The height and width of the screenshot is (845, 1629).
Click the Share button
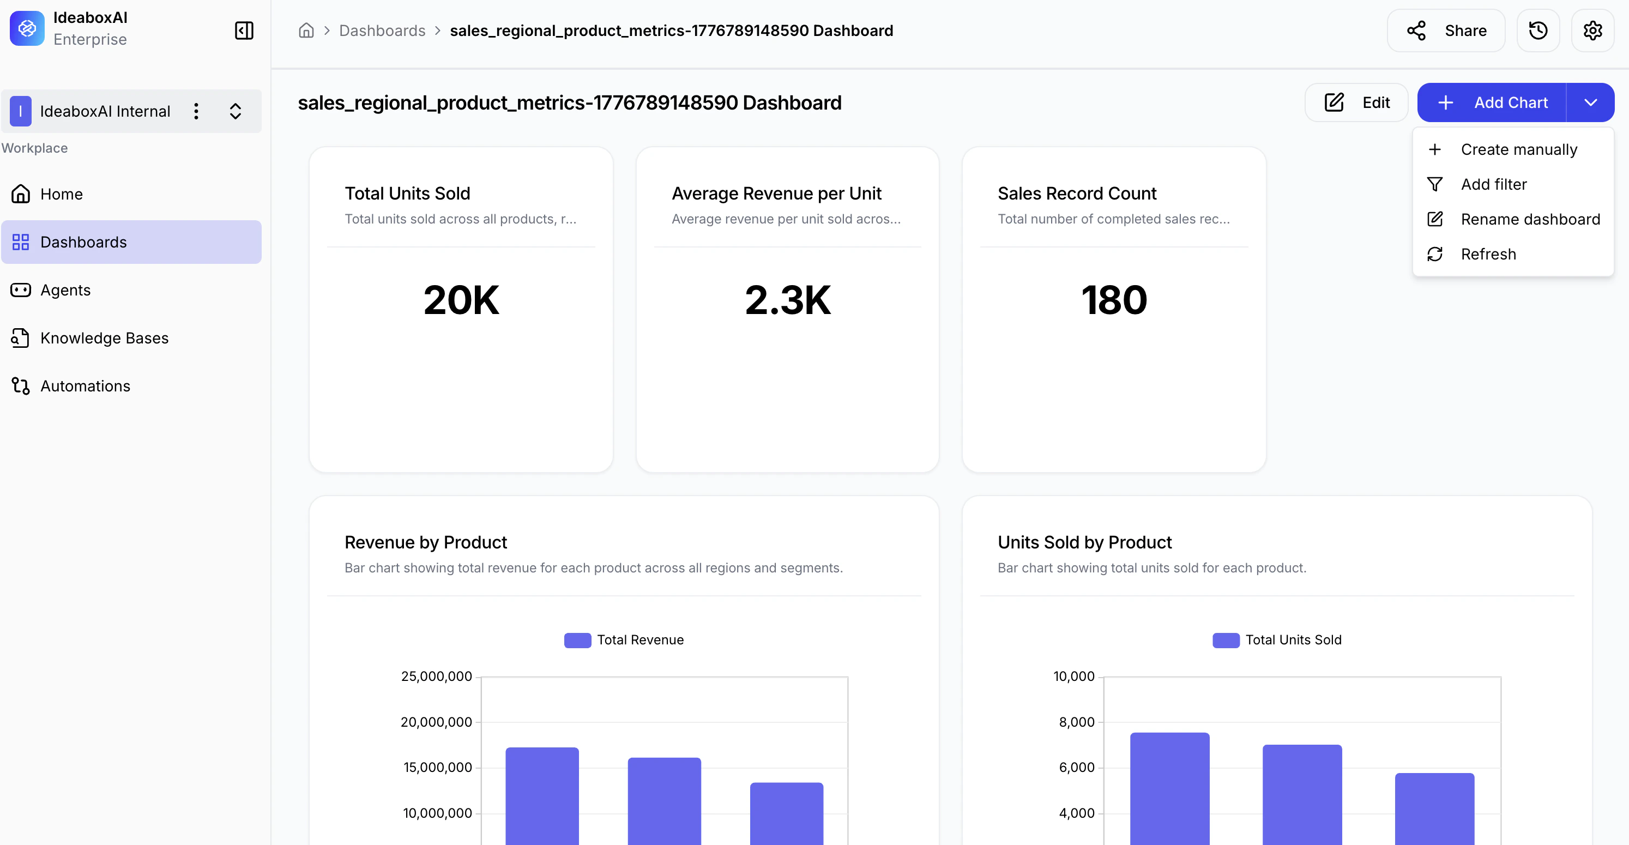[x=1446, y=31]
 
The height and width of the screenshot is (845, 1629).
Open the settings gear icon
[x=1592, y=31]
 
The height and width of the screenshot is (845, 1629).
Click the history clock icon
[x=1538, y=31]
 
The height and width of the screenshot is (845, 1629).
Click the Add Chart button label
[x=1510, y=102]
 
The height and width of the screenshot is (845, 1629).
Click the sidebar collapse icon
[x=244, y=31]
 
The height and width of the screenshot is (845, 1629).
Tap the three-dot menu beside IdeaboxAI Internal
[x=197, y=111]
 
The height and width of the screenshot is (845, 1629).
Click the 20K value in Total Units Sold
[x=461, y=300]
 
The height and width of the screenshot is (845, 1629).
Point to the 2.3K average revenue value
[x=787, y=300]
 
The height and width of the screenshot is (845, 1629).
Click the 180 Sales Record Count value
[x=1114, y=300]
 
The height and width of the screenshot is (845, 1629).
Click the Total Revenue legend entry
[x=624, y=640]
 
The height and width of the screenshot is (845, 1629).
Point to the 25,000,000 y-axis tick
[x=436, y=676]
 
